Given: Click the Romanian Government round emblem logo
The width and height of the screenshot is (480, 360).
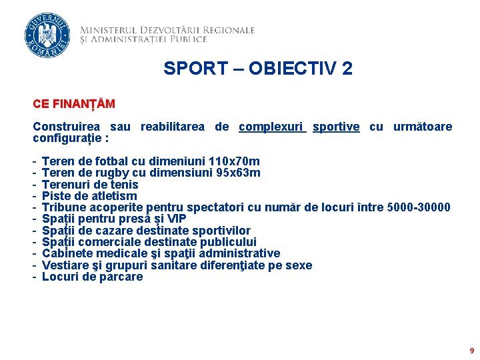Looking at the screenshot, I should (x=46, y=35).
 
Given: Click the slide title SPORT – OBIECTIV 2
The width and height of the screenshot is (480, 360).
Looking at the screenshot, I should (x=258, y=68).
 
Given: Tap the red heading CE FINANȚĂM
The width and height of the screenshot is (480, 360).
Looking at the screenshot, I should (x=74, y=104).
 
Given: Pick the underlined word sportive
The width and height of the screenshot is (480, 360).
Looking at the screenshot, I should (x=336, y=127).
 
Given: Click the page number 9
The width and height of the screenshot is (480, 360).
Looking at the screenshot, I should (x=472, y=350).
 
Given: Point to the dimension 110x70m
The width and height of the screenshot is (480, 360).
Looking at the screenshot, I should (x=235, y=161).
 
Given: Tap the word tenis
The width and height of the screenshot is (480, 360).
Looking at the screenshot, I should (x=125, y=185).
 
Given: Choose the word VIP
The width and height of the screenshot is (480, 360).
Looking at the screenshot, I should (x=176, y=219).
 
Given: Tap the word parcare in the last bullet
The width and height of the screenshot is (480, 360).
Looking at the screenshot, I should (x=120, y=277).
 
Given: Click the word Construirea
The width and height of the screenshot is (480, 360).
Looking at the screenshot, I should (x=67, y=127).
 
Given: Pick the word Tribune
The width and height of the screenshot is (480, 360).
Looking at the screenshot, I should (x=63, y=207).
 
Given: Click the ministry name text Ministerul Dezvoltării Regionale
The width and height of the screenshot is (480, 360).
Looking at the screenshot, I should (x=167, y=30).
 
